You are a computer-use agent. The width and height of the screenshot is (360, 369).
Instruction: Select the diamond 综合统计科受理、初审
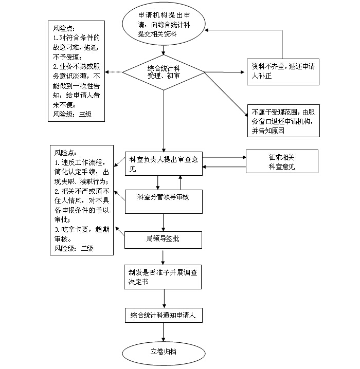coord(164,72)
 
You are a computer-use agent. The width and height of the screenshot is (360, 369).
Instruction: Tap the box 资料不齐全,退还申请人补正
coord(282,70)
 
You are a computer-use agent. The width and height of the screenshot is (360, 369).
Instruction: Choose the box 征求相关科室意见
coord(281,161)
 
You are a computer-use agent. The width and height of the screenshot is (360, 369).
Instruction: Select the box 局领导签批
coord(163,238)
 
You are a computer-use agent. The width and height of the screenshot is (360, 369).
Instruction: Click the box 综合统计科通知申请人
coord(163,315)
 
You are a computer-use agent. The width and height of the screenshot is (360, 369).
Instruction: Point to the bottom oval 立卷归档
coord(164,352)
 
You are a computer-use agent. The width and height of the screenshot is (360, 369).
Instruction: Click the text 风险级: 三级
coord(72,114)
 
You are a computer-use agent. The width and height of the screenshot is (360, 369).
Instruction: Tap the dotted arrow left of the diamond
coord(115,72)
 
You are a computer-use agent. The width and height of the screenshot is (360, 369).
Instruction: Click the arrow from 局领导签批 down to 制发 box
coord(164,257)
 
